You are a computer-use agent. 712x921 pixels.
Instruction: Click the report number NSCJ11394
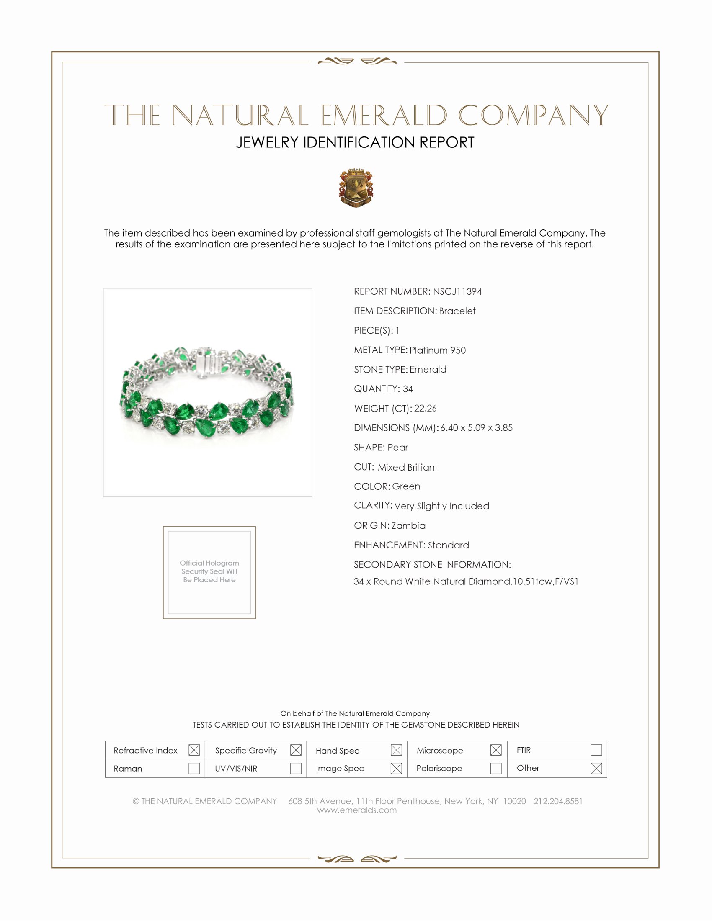(x=457, y=291)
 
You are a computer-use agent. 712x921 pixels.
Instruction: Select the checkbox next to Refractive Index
(x=194, y=750)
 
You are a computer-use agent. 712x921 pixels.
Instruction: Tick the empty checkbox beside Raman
(x=194, y=768)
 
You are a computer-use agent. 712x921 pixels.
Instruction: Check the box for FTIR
(x=596, y=750)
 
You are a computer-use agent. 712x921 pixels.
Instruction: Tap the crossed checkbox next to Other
(x=596, y=768)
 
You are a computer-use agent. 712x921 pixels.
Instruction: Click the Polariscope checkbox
(x=496, y=768)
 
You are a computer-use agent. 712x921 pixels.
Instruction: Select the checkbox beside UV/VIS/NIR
(x=296, y=768)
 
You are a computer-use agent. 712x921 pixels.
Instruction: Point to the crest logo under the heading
(x=356, y=188)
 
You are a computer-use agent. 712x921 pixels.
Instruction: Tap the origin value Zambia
(x=408, y=525)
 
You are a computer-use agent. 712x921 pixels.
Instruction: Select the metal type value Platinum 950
(x=437, y=350)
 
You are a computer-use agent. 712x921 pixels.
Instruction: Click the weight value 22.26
(x=425, y=408)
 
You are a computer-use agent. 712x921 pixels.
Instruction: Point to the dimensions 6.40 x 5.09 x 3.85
(x=476, y=427)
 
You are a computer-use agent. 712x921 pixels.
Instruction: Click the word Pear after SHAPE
(x=398, y=448)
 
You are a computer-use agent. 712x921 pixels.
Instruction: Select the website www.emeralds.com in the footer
(x=357, y=810)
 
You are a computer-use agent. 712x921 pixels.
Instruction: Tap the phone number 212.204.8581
(x=557, y=801)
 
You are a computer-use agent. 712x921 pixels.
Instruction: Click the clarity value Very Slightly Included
(x=441, y=506)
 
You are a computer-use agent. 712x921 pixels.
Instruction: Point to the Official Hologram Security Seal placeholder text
(x=209, y=571)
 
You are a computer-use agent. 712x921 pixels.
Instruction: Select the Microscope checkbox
(x=496, y=750)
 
